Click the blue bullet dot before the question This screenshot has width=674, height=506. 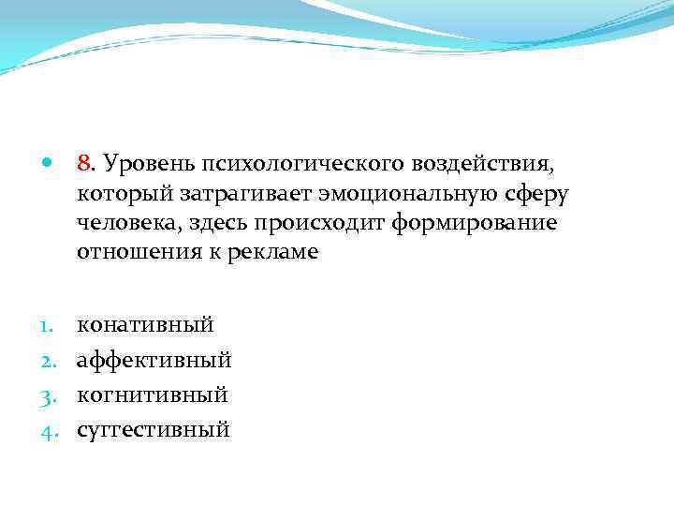[x=47, y=164]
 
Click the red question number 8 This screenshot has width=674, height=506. [x=84, y=164]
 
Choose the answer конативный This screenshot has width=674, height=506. [x=145, y=325]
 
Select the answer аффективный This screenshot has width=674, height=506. [x=154, y=360]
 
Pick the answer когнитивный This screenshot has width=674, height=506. [x=153, y=394]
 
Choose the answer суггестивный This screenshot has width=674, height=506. [x=154, y=430]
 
